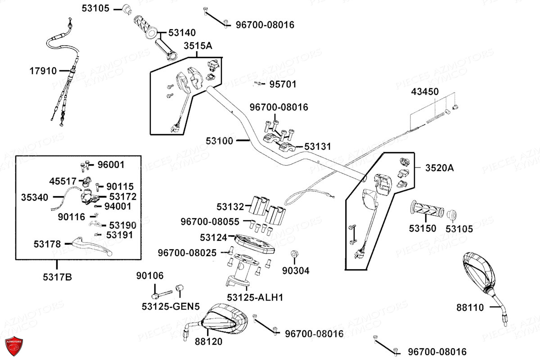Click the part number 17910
[x=43, y=71]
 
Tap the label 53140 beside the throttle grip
[x=182, y=32]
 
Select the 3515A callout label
[x=198, y=45]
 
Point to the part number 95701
[x=283, y=84]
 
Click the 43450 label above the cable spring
[x=425, y=92]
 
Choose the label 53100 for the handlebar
[x=220, y=141]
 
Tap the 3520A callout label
[x=440, y=168]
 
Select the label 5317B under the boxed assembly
[x=58, y=277]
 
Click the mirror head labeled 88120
[x=224, y=319]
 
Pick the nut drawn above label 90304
[x=294, y=254]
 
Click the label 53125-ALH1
[x=255, y=297]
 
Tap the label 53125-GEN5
[x=171, y=306]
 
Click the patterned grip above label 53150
[x=427, y=208]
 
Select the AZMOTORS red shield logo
[x=14, y=346]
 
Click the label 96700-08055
[x=210, y=221]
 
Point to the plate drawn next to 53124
[x=255, y=244]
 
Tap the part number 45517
[x=63, y=181]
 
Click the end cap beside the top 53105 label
[x=127, y=9]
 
